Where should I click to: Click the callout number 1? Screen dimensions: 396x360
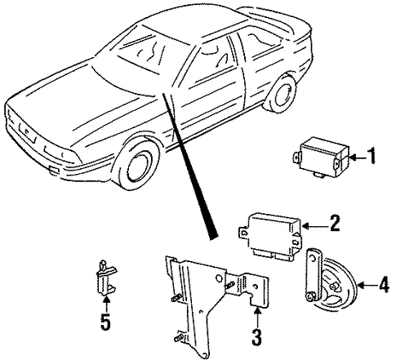coord(372,156)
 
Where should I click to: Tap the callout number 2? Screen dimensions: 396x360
coord(334,223)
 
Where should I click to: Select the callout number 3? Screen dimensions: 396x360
coord(256,337)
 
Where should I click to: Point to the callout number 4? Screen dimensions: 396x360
coord(384,285)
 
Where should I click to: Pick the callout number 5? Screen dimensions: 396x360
coord(105,322)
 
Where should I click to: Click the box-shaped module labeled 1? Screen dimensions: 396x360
coord(321,158)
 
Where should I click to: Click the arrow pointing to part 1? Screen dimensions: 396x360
coord(358,157)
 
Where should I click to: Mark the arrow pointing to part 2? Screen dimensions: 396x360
coord(315,225)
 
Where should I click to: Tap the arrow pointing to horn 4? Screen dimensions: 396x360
coord(367,286)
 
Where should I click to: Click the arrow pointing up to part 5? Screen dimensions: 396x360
coord(106,304)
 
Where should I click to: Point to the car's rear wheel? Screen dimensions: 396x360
coord(281,93)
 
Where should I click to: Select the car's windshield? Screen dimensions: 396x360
coord(141,51)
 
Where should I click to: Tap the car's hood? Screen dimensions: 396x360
coord(82,104)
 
